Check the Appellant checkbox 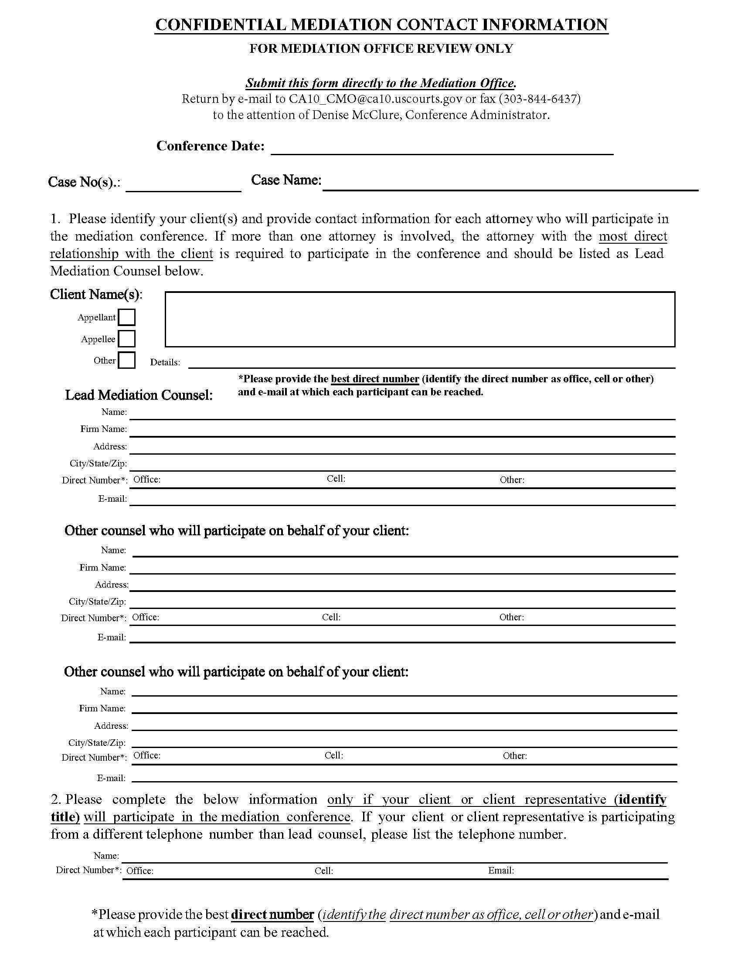click(x=126, y=317)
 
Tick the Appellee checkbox click(x=126, y=339)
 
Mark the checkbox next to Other click(x=126, y=360)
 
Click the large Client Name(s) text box click(x=420, y=319)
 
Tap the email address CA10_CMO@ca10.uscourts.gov click(x=375, y=99)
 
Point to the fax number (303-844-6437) click(x=539, y=99)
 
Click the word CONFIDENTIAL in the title click(x=221, y=24)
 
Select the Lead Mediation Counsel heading click(x=139, y=395)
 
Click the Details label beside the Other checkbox click(x=165, y=363)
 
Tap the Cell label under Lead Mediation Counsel click(x=336, y=479)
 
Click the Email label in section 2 click(x=501, y=871)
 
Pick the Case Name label click(x=286, y=180)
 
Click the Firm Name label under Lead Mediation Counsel click(x=104, y=429)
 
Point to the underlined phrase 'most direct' click(x=632, y=236)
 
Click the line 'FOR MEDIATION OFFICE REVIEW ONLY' click(x=381, y=48)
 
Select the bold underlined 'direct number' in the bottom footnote click(x=272, y=914)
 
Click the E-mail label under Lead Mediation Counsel click(x=112, y=499)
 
